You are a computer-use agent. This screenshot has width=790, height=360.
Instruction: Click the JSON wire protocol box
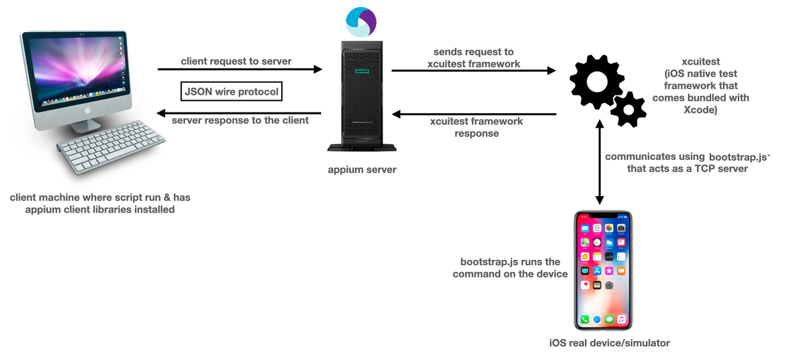[x=231, y=91]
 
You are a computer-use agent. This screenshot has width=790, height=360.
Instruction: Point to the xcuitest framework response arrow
[x=474, y=114]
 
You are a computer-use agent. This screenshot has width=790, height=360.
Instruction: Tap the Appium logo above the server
[x=361, y=22]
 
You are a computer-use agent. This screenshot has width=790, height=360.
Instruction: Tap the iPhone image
[x=602, y=270]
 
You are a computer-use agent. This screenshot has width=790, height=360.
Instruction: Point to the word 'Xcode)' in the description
[x=700, y=110]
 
